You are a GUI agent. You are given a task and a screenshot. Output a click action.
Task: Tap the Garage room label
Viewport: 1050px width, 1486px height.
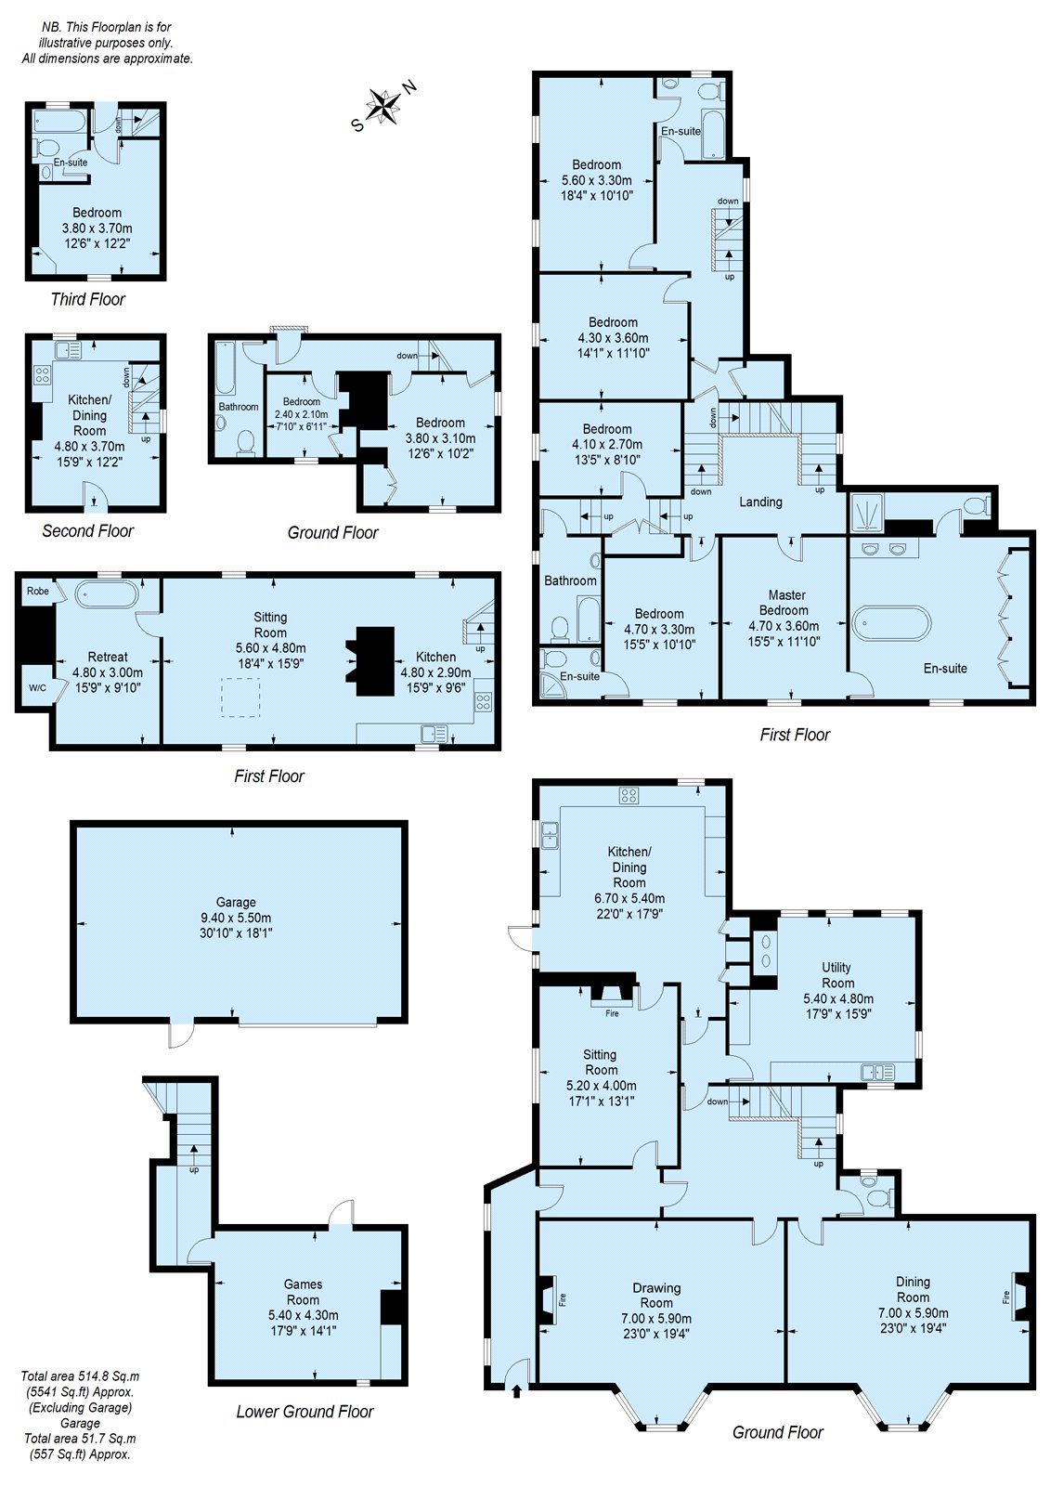click(236, 902)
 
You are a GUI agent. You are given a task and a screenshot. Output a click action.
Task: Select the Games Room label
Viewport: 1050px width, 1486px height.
click(303, 1292)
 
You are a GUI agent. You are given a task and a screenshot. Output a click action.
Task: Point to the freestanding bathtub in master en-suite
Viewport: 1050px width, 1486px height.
click(890, 623)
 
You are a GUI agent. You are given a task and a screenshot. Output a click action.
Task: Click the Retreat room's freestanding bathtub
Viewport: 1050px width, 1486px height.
click(106, 593)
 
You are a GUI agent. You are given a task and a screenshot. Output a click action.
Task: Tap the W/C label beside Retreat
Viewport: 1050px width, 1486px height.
click(37, 688)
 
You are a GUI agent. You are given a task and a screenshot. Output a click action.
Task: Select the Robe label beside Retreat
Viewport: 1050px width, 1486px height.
click(37, 591)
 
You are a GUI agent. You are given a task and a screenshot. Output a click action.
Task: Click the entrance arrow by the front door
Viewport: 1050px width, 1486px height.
click(516, 1390)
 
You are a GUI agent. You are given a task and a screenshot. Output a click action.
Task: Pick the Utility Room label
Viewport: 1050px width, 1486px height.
click(837, 975)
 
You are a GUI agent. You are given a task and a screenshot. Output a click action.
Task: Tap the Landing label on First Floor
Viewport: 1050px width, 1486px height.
click(760, 502)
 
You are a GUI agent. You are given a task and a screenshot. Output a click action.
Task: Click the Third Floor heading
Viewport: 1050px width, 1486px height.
click(87, 299)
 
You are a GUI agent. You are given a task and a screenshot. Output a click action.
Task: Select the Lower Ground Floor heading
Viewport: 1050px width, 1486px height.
click(305, 1412)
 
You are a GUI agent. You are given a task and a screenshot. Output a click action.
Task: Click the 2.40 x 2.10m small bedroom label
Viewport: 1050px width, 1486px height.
click(302, 413)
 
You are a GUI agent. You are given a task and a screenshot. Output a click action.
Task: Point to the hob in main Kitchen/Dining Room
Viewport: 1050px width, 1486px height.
click(629, 795)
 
